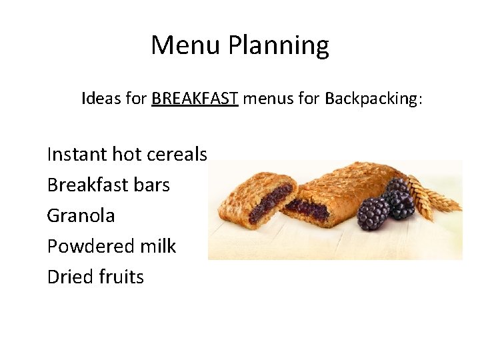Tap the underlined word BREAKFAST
click(x=195, y=99)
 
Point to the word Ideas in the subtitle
click(x=101, y=99)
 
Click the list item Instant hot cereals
click(x=127, y=154)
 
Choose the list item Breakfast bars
click(x=108, y=185)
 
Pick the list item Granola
click(x=81, y=215)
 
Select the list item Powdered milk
click(x=111, y=246)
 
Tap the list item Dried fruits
click(x=95, y=277)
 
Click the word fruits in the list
click(x=121, y=277)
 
